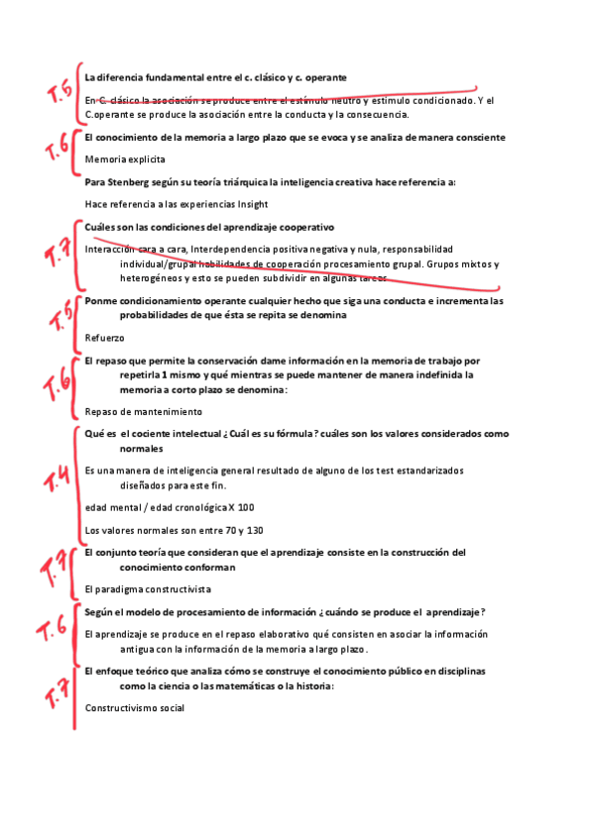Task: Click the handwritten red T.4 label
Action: pos(57,481)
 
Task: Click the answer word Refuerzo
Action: pos(105,338)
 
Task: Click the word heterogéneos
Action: pos(153,279)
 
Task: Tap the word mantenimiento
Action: pos(165,411)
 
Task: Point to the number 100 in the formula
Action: pos(245,507)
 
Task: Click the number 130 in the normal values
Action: pos(254,530)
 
